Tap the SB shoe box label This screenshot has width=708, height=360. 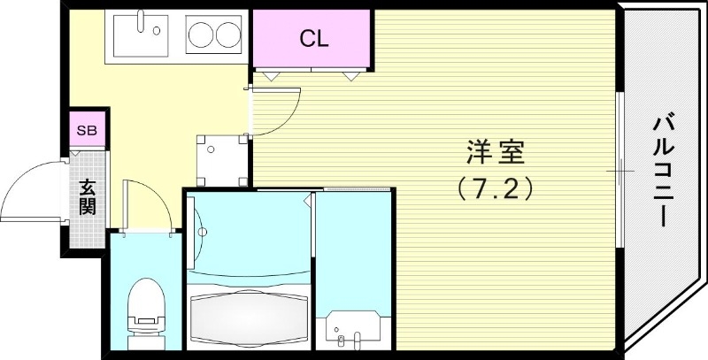pyautogui.click(x=88, y=131)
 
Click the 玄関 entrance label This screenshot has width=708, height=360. pyautogui.click(x=88, y=199)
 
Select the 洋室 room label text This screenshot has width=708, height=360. pyautogui.click(x=496, y=153)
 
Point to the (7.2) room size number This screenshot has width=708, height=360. pyautogui.click(x=496, y=188)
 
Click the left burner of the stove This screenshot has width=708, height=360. pyautogui.click(x=199, y=36)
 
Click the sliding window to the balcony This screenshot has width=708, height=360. pyautogui.click(x=619, y=168)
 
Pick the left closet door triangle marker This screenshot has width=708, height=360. pyautogui.click(x=270, y=76)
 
